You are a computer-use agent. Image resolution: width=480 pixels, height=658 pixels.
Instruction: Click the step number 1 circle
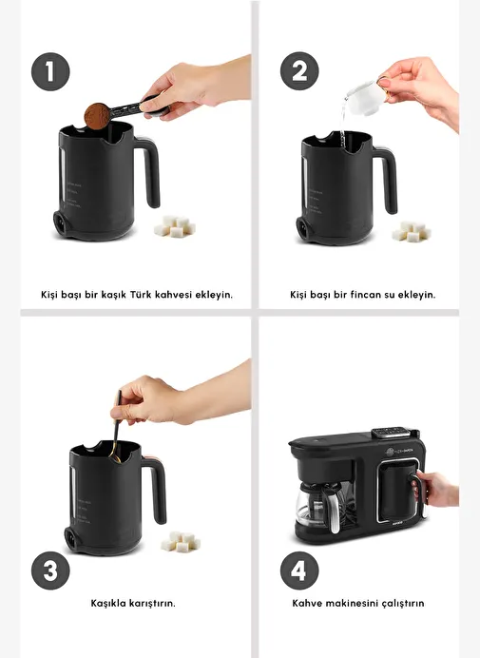(50, 71)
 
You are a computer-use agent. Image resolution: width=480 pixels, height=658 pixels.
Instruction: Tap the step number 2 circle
(299, 71)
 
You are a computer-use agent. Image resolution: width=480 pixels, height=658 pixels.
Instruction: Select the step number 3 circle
(50, 571)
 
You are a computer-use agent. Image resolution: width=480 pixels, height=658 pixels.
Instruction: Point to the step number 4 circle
(299, 571)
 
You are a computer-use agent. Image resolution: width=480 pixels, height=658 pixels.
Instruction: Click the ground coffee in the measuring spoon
(97, 116)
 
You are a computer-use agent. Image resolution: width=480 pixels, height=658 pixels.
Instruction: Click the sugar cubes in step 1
(174, 226)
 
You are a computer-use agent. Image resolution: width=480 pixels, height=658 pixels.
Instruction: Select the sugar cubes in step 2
(412, 232)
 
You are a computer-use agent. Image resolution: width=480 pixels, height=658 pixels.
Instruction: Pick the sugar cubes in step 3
(181, 542)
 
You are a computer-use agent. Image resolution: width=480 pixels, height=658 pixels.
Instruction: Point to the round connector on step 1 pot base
(61, 221)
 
